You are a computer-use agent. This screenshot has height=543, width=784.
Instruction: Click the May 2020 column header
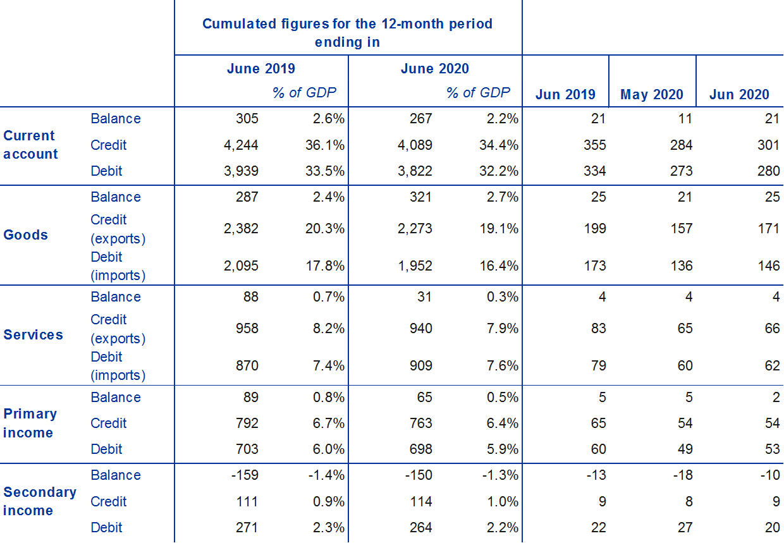click(x=652, y=95)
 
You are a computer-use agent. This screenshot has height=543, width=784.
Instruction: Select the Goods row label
click(x=26, y=235)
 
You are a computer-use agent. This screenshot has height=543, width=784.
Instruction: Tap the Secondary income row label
click(x=40, y=501)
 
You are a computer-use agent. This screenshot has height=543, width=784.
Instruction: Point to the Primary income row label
click(x=30, y=424)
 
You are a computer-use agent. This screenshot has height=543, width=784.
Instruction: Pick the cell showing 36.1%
click(x=322, y=145)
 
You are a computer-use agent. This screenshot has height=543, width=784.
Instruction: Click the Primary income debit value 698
click(x=420, y=449)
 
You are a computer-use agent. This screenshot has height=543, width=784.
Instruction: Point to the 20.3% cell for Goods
click(x=322, y=228)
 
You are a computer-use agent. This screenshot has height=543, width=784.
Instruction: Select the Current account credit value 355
click(x=595, y=145)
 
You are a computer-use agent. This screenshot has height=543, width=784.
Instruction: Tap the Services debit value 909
click(x=420, y=366)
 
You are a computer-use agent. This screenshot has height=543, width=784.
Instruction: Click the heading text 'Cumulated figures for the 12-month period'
click(x=347, y=24)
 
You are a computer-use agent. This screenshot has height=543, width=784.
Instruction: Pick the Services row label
click(x=34, y=335)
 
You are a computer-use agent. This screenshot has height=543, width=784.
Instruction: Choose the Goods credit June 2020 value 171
click(x=769, y=228)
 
